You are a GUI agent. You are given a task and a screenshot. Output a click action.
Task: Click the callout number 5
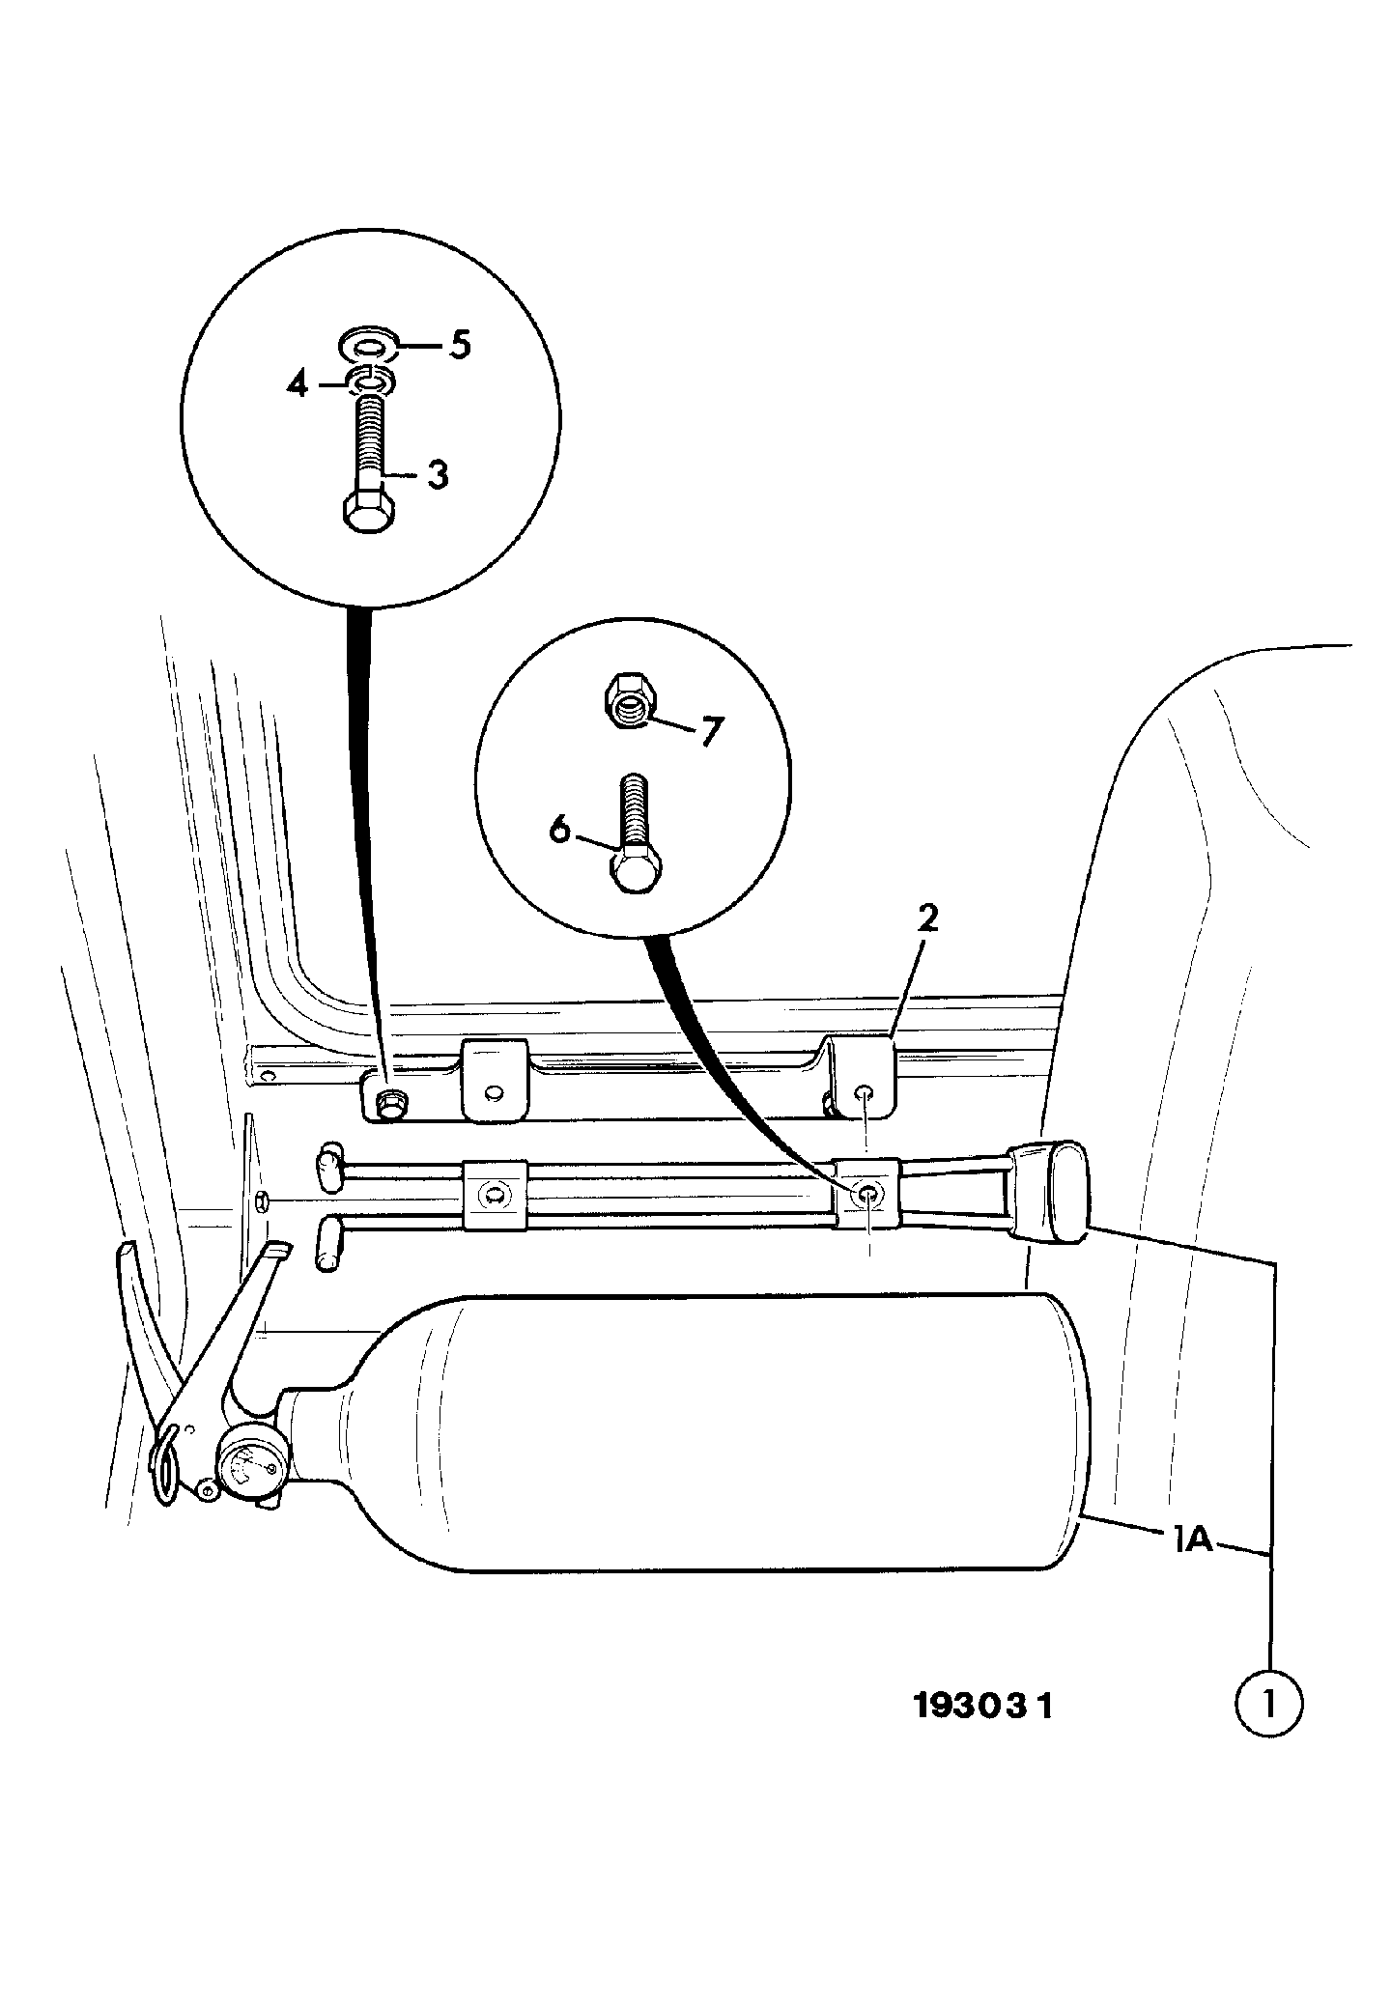point(459,345)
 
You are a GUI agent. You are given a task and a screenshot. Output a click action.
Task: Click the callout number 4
point(298,385)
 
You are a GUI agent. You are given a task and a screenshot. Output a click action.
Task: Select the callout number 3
point(438,475)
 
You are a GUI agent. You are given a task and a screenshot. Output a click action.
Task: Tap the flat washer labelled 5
point(371,344)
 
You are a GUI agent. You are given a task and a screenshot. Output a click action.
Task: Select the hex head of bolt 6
point(636,866)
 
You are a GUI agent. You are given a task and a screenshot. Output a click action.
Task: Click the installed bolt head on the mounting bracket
point(390,1102)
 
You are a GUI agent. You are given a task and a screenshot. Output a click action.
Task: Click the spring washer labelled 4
point(371,382)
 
